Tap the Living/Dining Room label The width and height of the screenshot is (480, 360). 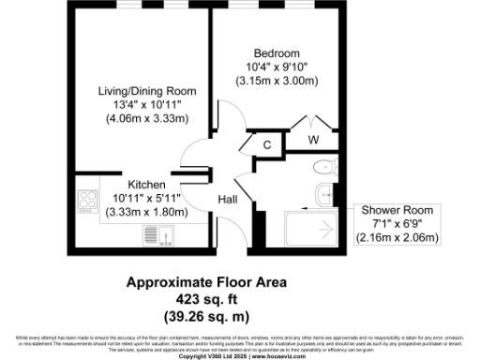pos(148,91)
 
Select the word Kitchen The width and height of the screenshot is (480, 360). pos(147,184)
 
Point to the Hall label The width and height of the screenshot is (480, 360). pos(228,201)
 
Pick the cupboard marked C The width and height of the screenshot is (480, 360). pos(267,145)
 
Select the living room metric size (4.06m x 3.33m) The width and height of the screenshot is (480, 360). pos(148,119)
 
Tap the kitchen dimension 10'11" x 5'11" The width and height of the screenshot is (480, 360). pos(147,198)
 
